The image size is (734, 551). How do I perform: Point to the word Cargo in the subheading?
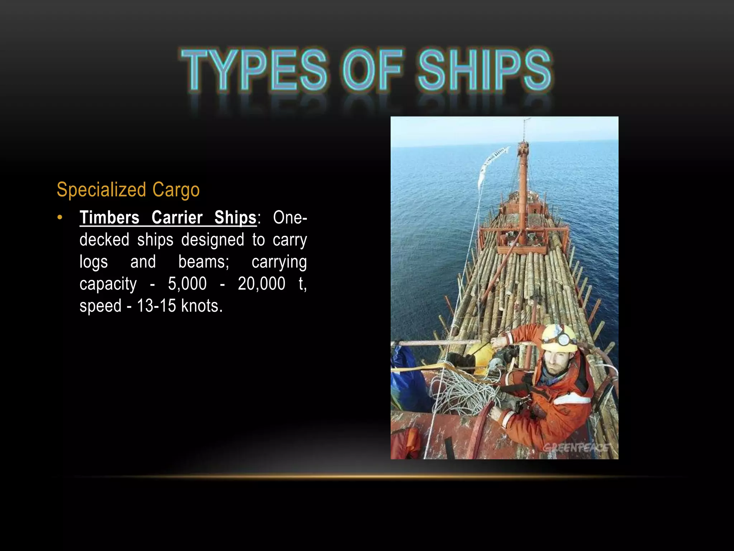pyautogui.click(x=176, y=190)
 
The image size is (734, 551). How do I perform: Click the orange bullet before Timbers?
pyautogui.click(x=60, y=217)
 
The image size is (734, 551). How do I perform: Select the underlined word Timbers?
pyautogui.click(x=109, y=217)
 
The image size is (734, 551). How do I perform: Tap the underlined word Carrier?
pyautogui.click(x=177, y=217)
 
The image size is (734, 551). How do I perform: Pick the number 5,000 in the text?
pyautogui.click(x=187, y=284)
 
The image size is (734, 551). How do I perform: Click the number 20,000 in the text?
pyautogui.click(x=262, y=284)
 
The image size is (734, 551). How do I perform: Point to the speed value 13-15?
pyautogui.click(x=157, y=306)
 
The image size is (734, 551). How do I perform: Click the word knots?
pyautogui.click(x=202, y=306)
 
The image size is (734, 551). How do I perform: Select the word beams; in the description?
pyautogui.click(x=204, y=262)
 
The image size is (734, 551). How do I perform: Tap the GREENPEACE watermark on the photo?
pyautogui.click(x=576, y=447)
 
